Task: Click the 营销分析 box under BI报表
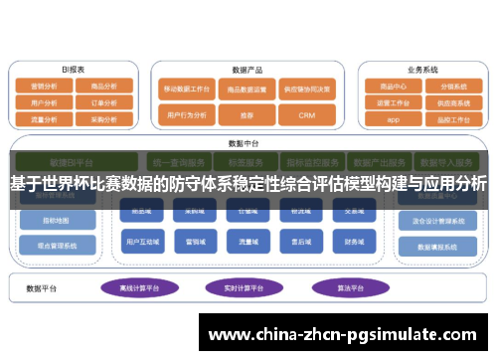[x=45, y=87]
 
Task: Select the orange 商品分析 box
[x=104, y=87]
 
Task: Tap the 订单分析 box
[x=104, y=101]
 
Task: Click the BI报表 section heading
[x=74, y=70]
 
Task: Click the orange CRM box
[x=306, y=115]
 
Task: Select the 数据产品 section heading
[x=247, y=70]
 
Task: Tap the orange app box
[x=393, y=118]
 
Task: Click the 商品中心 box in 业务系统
[x=393, y=86]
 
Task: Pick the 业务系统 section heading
[x=422, y=70]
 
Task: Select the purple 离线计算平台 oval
[x=139, y=288]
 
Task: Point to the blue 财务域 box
[x=354, y=242]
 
